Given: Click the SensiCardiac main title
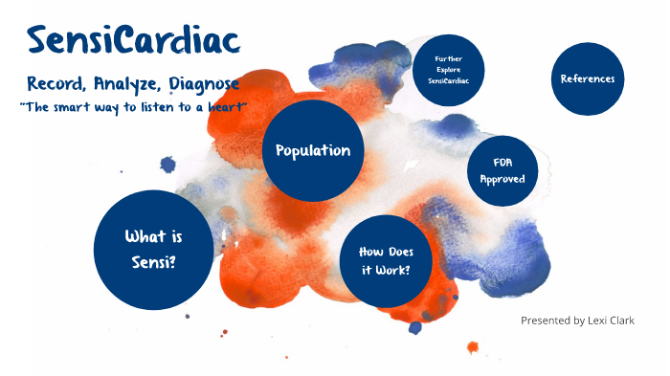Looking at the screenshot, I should click(133, 40).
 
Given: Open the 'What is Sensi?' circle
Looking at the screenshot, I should click(153, 250).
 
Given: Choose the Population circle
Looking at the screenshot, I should click(312, 150).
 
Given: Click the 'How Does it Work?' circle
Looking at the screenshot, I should click(385, 260).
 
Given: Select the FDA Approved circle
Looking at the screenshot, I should click(502, 170).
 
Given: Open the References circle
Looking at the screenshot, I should click(587, 78).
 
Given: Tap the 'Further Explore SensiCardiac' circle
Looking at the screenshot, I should click(448, 70).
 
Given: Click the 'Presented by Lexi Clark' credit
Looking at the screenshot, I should click(577, 321).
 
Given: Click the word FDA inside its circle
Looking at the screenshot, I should click(502, 163).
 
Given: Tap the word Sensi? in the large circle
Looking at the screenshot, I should click(153, 261).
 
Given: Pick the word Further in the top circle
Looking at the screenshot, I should click(448, 58).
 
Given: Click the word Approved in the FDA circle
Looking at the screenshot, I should click(502, 179).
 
